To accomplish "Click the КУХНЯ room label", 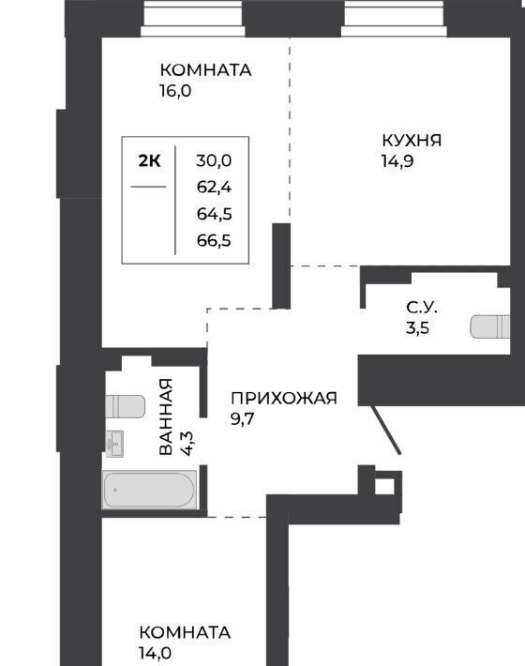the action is pyautogui.click(x=412, y=141).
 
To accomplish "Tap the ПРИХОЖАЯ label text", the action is pyautogui.click(x=284, y=399).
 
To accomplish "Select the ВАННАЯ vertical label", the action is pyautogui.click(x=166, y=416).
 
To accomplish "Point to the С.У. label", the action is pyautogui.click(x=422, y=307).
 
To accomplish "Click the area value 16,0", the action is pyautogui.click(x=175, y=91).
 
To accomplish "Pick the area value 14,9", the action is pyautogui.click(x=397, y=161).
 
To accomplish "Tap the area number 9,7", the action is pyautogui.click(x=242, y=419).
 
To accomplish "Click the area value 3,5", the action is pyautogui.click(x=417, y=328).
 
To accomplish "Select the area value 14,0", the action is pyautogui.click(x=155, y=653).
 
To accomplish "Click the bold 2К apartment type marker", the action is pyautogui.click(x=149, y=161).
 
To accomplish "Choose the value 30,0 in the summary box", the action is pyautogui.click(x=214, y=161).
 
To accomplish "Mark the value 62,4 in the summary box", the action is pyautogui.click(x=214, y=187).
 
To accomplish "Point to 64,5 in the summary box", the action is pyautogui.click(x=214, y=214).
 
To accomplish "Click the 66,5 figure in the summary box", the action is pyautogui.click(x=214, y=241).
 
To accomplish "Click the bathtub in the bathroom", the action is pyautogui.click(x=149, y=490).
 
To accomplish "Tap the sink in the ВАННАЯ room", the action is pyautogui.click(x=114, y=444).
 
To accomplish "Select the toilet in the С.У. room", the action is pyautogui.click(x=490, y=326).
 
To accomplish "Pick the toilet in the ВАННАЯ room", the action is pyautogui.click(x=126, y=406).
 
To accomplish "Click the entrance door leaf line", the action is pyautogui.click(x=386, y=430).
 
